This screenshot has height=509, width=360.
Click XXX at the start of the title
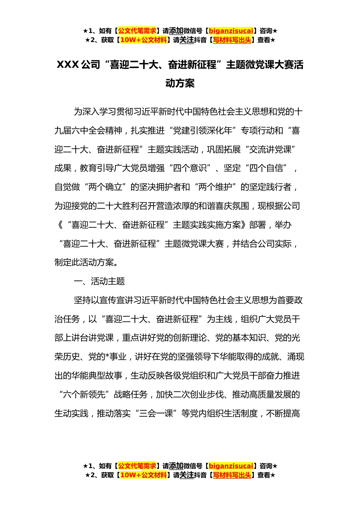pos(67,65)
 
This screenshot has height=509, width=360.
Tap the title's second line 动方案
pos(180,83)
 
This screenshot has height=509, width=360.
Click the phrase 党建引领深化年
pos(203,131)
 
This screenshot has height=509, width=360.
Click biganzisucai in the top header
pos(231,31)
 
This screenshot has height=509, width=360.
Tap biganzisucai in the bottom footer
pos(231,466)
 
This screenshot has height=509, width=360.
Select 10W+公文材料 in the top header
pos(143,40)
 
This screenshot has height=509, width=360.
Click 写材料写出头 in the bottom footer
pos(232,475)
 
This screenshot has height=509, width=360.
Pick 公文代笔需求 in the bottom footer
pos(137,466)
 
